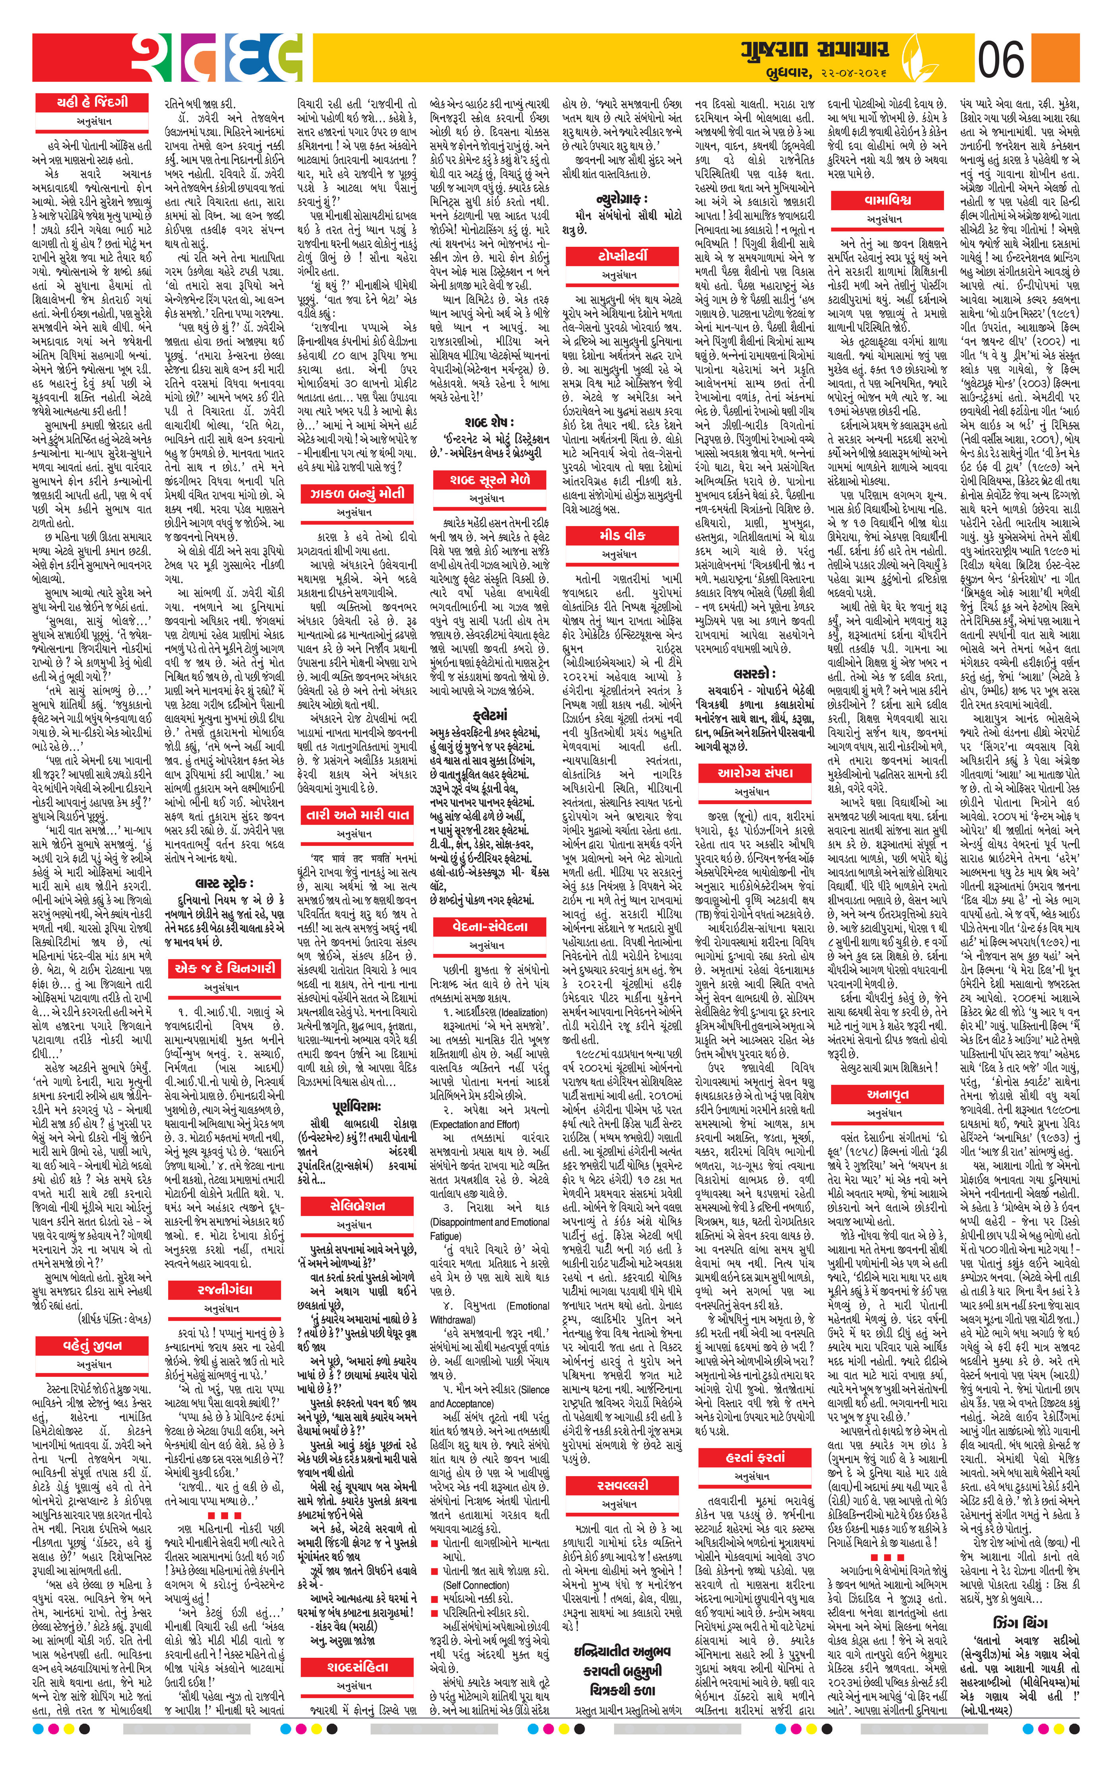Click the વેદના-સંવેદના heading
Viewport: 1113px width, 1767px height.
pyautogui.click(x=490, y=926)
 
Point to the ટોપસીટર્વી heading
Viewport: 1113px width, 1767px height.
pyautogui.click(x=622, y=255)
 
